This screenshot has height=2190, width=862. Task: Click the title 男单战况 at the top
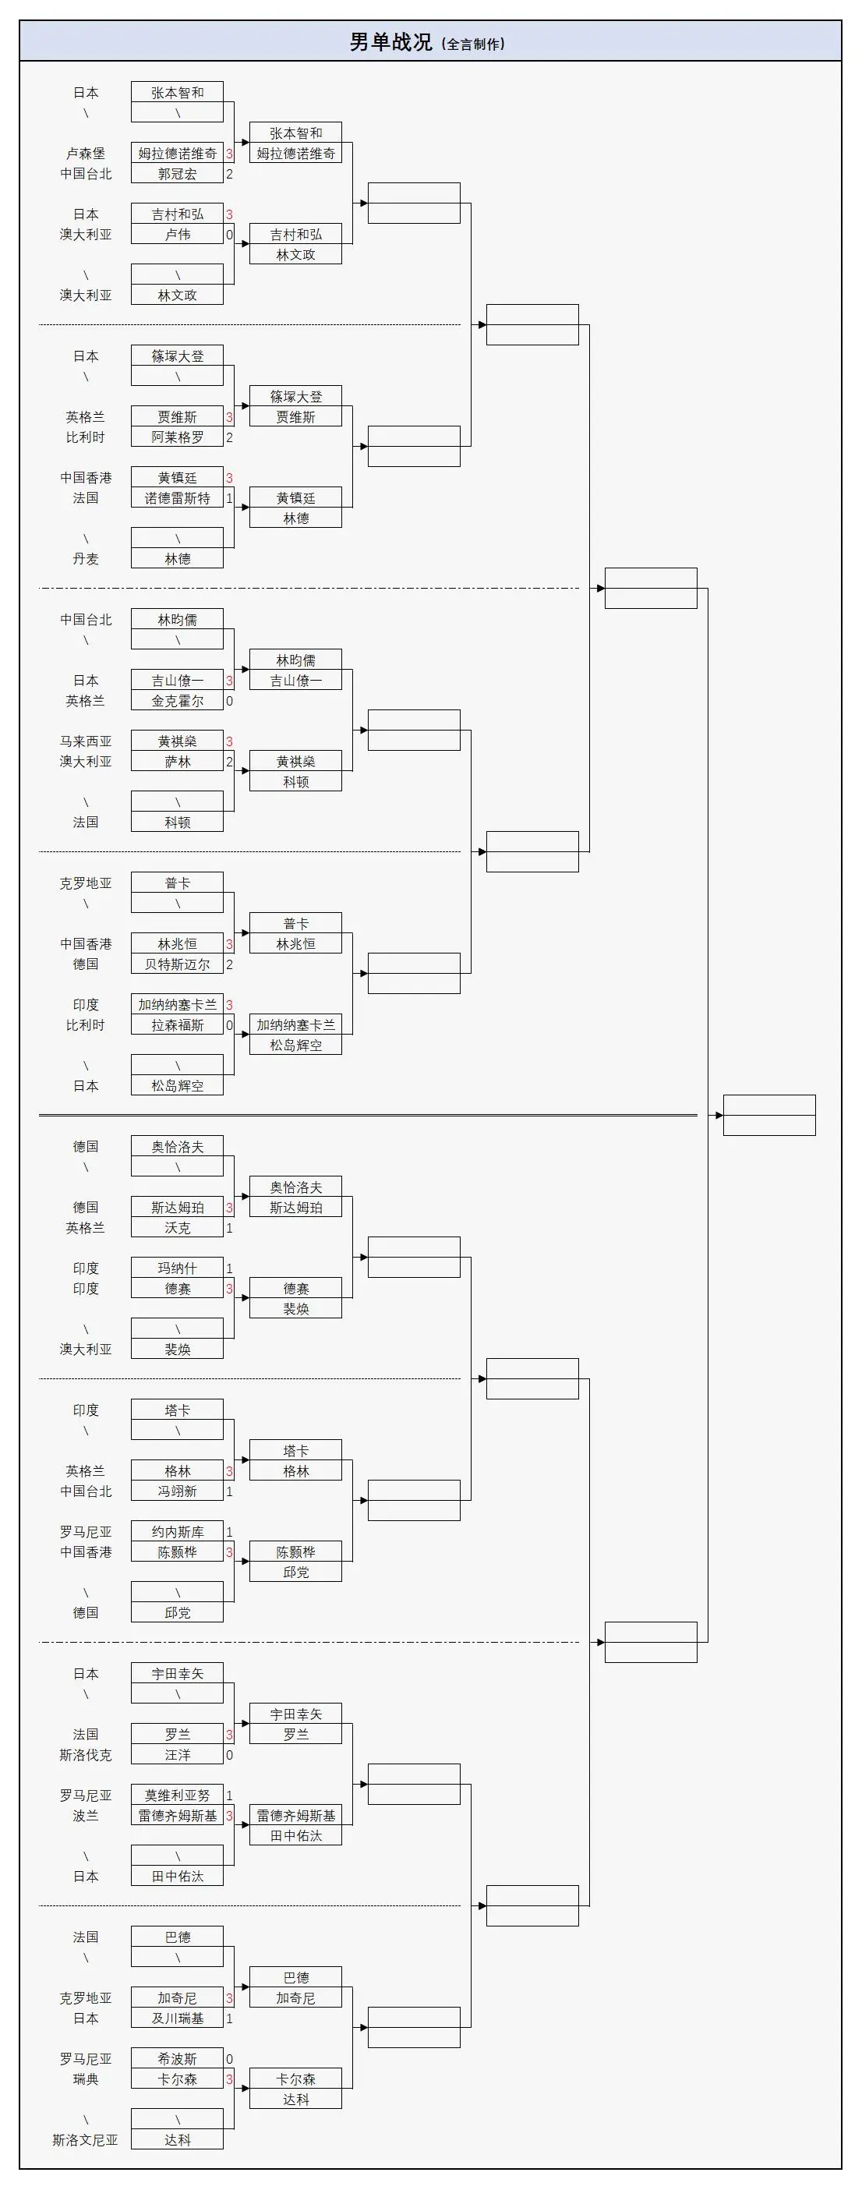click(x=391, y=41)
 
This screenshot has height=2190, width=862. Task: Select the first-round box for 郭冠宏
click(x=177, y=173)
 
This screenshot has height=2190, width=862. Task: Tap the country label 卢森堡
click(x=85, y=153)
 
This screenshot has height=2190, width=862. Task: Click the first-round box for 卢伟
click(x=177, y=235)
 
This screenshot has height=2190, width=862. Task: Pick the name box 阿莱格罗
click(x=177, y=437)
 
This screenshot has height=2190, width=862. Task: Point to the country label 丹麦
click(x=85, y=558)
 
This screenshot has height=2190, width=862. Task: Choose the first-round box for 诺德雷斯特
click(x=177, y=498)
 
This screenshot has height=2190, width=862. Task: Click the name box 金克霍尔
click(x=177, y=701)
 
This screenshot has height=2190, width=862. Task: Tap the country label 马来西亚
click(x=85, y=741)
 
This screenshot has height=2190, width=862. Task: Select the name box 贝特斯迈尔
click(x=177, y=964)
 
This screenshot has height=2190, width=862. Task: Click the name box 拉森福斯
click(x=177, y=1025)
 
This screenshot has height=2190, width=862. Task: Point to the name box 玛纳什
click(x=177, y=1268)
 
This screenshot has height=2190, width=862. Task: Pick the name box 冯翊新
click(x=177, y=1491)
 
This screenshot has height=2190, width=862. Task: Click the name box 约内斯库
click(x=177, y=1531)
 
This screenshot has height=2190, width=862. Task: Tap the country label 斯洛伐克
click(x=85, y=1755)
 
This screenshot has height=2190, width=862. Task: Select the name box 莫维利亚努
click(x=177, y=1795)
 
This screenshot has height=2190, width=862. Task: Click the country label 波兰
click(x=85, y=1815)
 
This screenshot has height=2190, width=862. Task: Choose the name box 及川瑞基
click(x=177, y=2018)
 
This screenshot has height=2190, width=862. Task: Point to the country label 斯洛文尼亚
click(x=85, y=2140)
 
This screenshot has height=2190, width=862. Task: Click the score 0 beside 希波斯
click(x=228, y=2059)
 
